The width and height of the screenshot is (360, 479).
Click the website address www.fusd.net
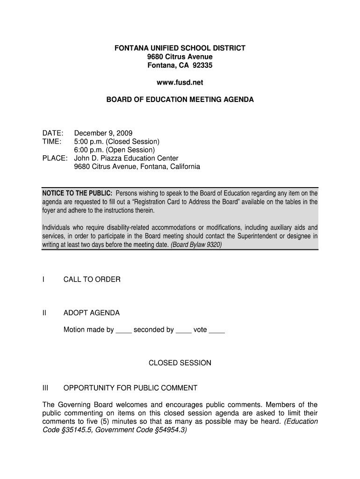tap(180, 82)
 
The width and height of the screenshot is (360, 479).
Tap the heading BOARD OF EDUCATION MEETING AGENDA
tap(180, 100)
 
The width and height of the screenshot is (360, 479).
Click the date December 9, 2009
tap(103, 133)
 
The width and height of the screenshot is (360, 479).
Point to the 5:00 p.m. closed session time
tap(90, 141)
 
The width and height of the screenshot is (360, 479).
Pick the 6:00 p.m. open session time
tap(90, 150)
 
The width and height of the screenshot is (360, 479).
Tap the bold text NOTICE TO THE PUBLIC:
tap(77, 193)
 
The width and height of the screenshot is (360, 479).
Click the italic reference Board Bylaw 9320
tap(196, 245)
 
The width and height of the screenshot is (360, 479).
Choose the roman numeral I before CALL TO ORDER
tap(43, 279)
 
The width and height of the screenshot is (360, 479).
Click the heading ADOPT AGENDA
tap(92, 313)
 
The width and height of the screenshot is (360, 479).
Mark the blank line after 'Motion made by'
tap(123, 331)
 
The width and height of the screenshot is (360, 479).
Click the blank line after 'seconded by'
tap(183, 331)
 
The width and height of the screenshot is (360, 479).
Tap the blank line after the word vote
tap(217, 331)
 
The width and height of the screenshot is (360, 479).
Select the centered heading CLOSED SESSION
tap(180, 363)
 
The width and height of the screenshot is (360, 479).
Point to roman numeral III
tap(45, 388)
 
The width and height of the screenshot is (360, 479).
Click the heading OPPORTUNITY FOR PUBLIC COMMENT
tap(130, 388)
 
